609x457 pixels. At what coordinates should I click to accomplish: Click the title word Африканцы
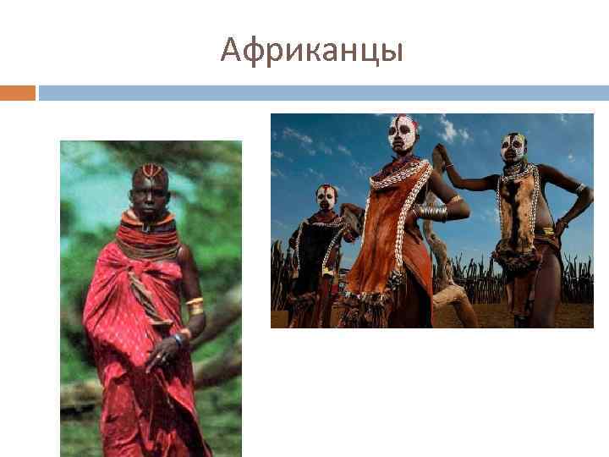[311, 52]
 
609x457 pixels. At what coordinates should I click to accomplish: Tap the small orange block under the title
[18, 92]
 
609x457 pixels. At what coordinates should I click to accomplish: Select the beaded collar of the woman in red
[148, 235]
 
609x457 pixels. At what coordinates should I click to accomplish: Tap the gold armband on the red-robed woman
[195, 304]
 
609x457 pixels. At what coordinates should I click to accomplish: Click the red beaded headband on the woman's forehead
[151, 172]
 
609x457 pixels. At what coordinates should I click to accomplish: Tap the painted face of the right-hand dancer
[513, 148]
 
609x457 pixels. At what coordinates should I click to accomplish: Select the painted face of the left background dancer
[325, 197]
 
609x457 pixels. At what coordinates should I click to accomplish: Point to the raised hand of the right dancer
[438, 154]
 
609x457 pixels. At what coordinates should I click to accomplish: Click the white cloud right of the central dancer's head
[452, 130]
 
